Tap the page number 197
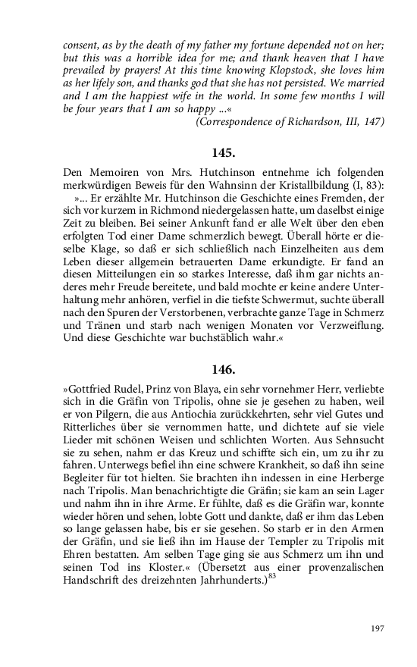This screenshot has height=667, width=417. pyautogui.click(x=378, y=628)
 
